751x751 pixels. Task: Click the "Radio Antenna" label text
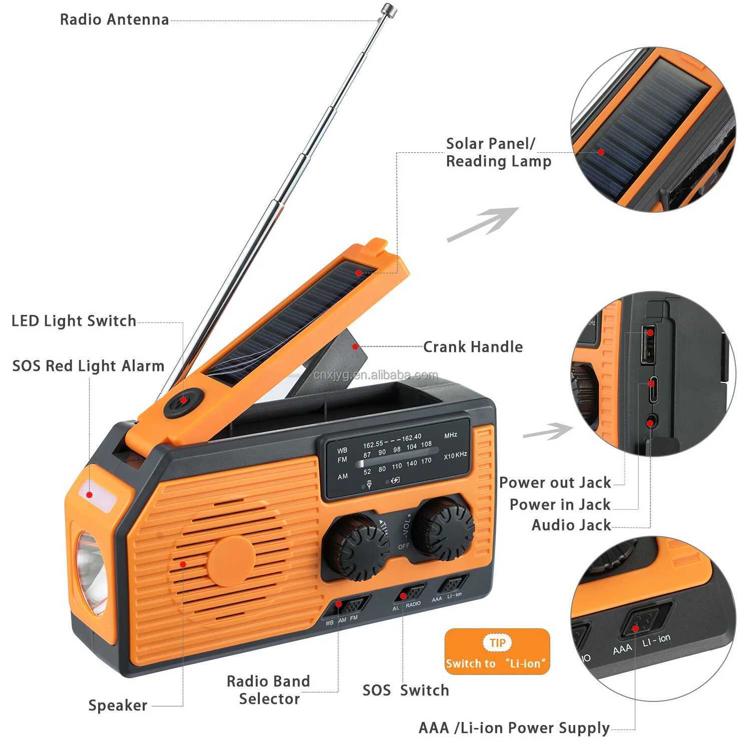pos(114,20)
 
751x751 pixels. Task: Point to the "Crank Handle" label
pos(473,347)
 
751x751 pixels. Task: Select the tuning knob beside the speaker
pos(355,547)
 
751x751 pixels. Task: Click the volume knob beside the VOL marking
pos(444,528)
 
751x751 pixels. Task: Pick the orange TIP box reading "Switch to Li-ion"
pos(497,651)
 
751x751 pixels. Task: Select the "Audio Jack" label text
pos(571,525)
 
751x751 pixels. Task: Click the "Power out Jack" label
pos(555,483)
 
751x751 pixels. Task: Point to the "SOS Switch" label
pos(406,690)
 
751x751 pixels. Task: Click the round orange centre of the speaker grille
pos(232,561)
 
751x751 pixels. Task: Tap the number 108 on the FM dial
pos(426,444)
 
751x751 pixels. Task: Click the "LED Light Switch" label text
pos(74,321)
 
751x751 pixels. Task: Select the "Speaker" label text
pos(118,705)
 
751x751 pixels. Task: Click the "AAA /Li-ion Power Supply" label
pos(514,728)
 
